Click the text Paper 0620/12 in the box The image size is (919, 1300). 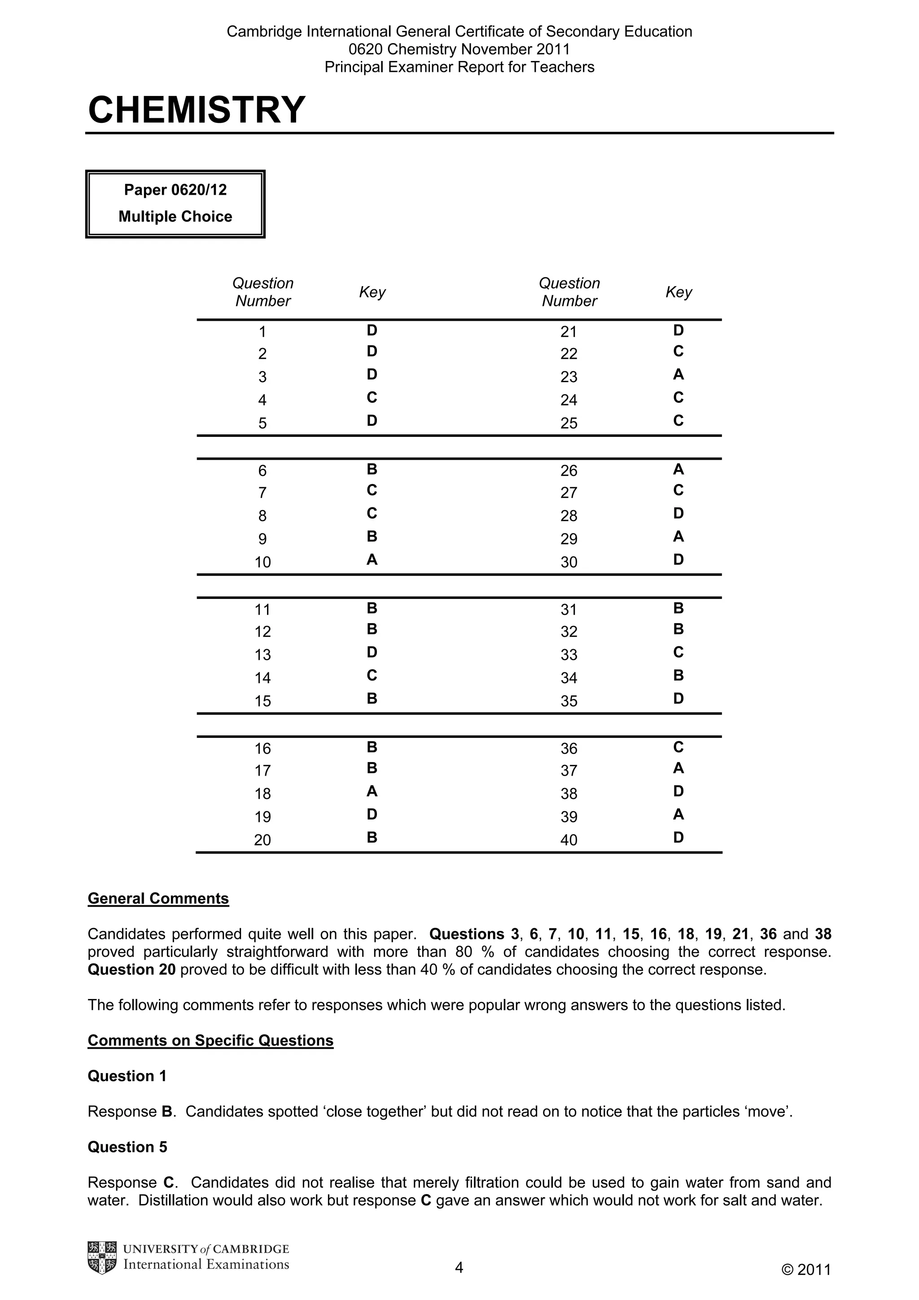[175, 190]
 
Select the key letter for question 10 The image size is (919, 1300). [372, 559]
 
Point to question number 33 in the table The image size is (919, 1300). [569, 654]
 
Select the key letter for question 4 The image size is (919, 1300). [372, 397]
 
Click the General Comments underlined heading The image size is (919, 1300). [158, 899]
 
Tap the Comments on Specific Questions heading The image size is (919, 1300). [210, 1040]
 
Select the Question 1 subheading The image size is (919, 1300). [127, 1076]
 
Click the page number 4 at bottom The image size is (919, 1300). [459, 1267]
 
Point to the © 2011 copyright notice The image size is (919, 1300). [806, 1269]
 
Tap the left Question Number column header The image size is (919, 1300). [263, 292]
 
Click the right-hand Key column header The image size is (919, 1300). [678, 292]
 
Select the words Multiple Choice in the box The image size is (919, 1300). [175, 216]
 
